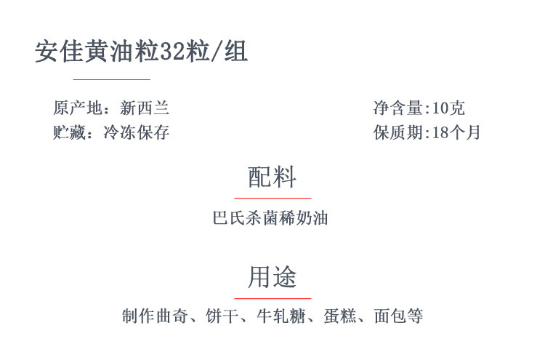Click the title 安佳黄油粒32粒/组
(142, 52)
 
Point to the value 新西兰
(145, 108)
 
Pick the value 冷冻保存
(137, 132)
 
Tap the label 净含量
(398, 108)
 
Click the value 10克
(448, 108)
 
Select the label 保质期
(398, 132)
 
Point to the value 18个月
(456, 132)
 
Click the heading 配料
(272, 177)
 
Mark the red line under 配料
(272, 197)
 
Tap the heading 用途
(272, 277)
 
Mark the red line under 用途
(272, 298)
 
